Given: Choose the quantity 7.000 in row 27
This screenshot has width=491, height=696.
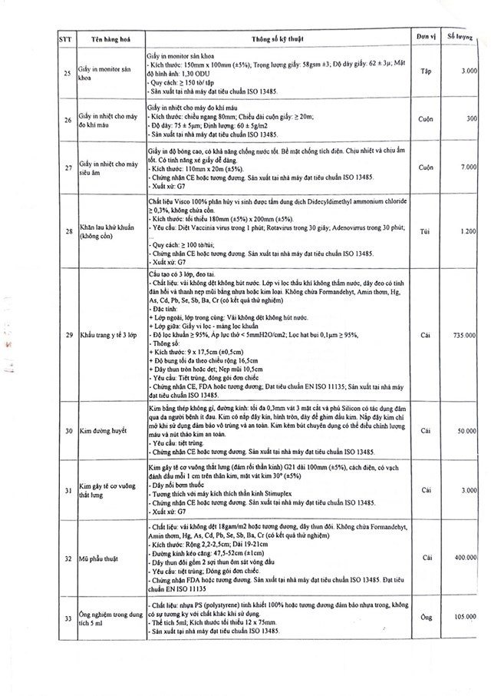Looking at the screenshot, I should [x=470, y=167].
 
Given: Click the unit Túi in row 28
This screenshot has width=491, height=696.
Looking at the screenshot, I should [x=427, y=230].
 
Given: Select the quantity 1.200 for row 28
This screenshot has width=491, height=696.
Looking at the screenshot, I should [x=470, y=231].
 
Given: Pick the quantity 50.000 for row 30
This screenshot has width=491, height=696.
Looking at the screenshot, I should [x=467, y=432].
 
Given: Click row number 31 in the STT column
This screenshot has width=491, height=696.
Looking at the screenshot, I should [x=68, y=491].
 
